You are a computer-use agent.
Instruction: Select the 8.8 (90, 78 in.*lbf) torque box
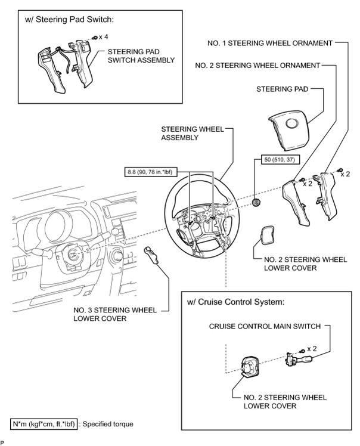150,172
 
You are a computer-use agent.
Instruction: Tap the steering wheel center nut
256,202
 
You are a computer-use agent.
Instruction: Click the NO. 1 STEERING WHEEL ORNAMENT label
270,44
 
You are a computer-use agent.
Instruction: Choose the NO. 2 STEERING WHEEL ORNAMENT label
257,66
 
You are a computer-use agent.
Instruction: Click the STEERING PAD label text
282,89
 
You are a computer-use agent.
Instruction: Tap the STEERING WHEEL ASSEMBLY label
193,134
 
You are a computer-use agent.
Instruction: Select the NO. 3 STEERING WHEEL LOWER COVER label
115,314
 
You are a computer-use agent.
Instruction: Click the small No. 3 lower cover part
151,255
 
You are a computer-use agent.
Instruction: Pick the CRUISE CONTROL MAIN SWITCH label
265,326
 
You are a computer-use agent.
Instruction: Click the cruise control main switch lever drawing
299,360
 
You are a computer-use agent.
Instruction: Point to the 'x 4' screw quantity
103,37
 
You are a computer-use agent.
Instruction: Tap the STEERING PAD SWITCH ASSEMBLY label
141,56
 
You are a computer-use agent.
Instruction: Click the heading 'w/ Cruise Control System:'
235,302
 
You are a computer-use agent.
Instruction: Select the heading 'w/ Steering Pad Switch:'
69,19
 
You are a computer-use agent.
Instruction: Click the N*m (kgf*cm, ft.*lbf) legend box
44,424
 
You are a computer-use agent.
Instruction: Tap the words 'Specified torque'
108,424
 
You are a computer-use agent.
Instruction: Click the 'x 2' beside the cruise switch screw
311,348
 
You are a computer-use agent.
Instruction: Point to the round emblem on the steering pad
292,123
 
